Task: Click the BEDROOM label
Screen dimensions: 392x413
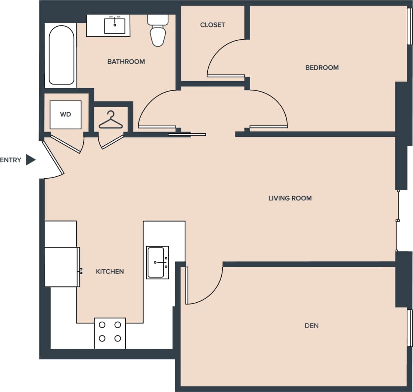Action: coord(322,67)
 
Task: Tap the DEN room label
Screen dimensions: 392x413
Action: coord(312,326)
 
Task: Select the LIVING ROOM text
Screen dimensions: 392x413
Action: coord(290,198)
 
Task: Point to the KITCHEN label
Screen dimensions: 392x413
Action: coord(110,272)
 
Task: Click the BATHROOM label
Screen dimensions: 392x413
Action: coord(126,62)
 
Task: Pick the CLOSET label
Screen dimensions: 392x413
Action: coord(212,25)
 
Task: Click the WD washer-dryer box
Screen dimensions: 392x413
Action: coord(66,114)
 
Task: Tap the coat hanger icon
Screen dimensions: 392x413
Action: coord(111,120)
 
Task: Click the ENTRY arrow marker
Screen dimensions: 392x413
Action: coord(31,160)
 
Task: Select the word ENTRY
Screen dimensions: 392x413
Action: coord(11,160)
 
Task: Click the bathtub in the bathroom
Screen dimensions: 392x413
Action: coord(61,55)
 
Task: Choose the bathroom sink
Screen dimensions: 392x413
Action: coord(115,26)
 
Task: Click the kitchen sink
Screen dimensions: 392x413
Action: coord(157,262)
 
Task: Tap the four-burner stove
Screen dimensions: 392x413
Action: coord(110,333)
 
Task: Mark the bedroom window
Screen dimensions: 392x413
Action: coord(409,26)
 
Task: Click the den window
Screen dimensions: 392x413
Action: coord(409,328)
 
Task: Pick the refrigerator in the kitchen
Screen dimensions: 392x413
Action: coord(62,267)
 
